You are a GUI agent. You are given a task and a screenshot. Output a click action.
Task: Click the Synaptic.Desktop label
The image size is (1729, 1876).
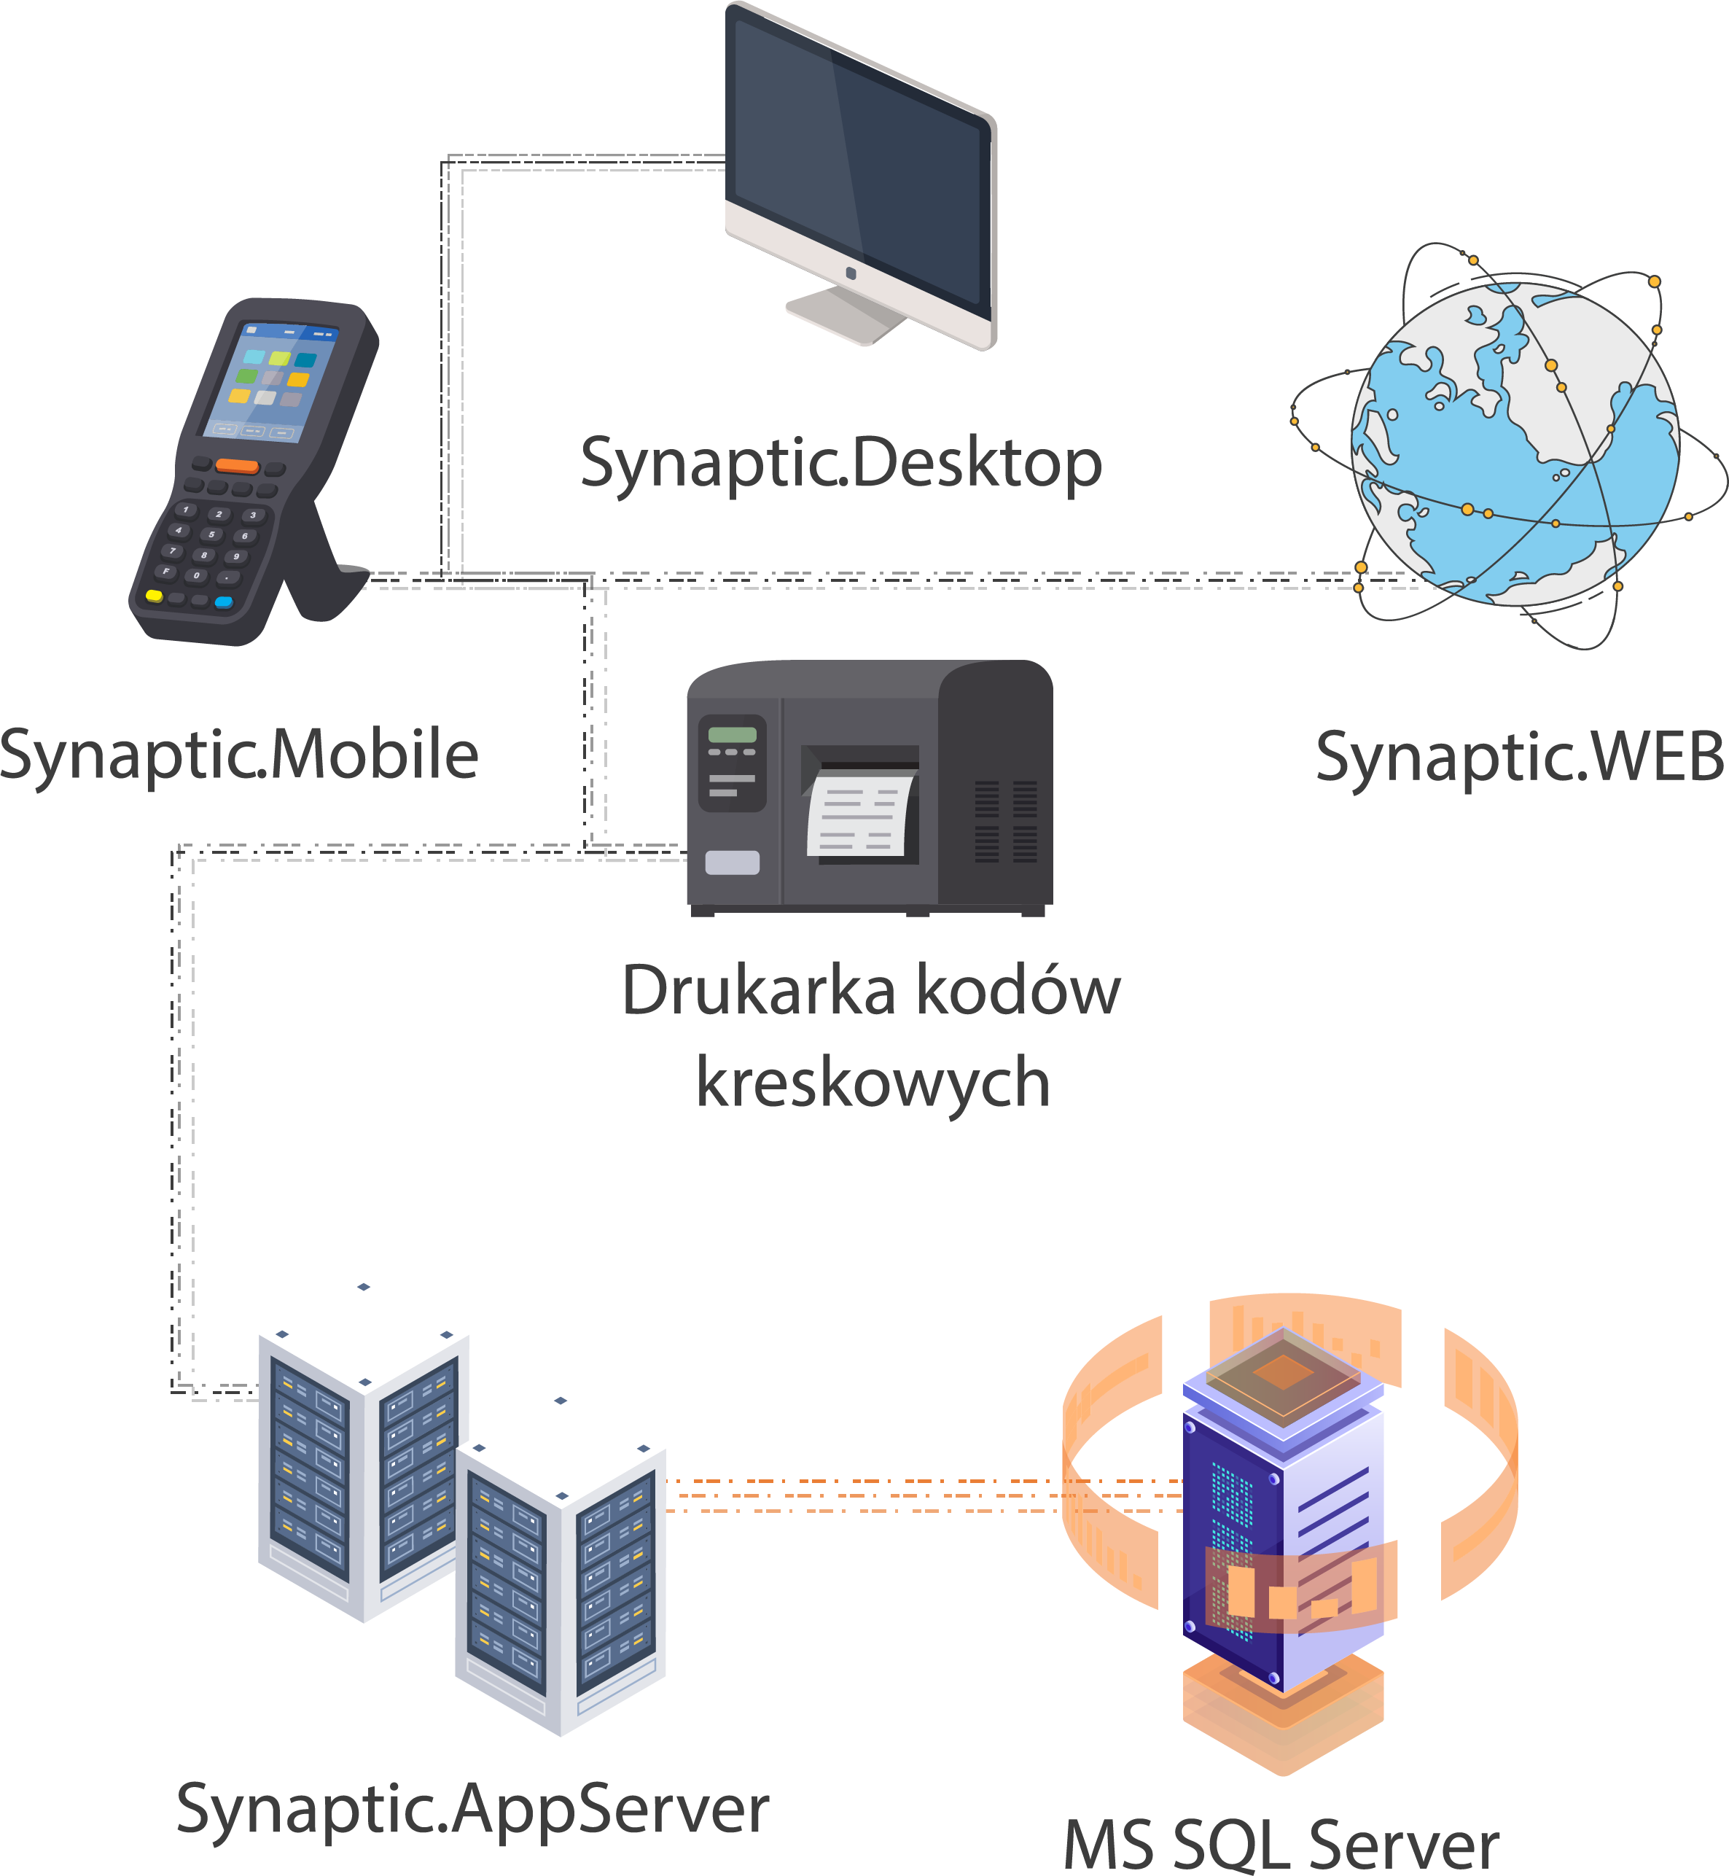click(x=840, y=463)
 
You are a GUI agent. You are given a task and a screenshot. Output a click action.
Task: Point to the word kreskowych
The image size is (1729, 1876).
click(x=872, y=1083)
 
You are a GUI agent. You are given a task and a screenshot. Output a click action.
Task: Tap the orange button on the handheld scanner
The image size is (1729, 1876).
click(x=237, y=465)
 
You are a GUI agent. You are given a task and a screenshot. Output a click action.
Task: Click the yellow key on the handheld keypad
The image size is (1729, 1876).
click(x=155, y=595)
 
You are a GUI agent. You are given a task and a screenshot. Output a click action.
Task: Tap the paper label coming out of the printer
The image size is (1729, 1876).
click(x=859, y=814)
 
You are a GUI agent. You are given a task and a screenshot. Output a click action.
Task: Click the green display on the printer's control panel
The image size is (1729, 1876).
click(x=732, y=734)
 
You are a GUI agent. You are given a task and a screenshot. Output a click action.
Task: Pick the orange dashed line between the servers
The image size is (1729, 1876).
click(x=861, y=1495)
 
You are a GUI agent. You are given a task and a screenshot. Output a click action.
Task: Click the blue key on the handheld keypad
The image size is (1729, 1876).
click(x=224, y=602)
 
